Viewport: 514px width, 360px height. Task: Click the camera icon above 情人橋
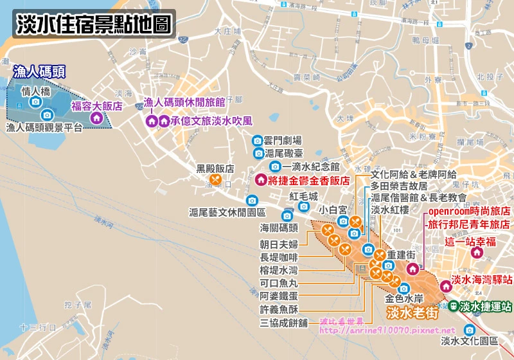click(x=35, y=102)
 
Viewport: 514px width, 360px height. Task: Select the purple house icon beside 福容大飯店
click(x=96, y=118)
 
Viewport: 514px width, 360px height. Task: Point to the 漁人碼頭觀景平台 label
click(x=44, y=128)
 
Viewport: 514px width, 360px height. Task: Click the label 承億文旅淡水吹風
click(x=212, y=120)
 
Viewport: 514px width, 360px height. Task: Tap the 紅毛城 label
click(x=303, y=196)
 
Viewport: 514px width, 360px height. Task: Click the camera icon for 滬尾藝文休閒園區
click(x=252, y=200)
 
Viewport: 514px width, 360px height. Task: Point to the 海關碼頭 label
click(x=279, y=228)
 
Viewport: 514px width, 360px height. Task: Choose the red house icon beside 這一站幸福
click(x=476, y=253)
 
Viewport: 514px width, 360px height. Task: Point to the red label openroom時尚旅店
click(x=468, y=211)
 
